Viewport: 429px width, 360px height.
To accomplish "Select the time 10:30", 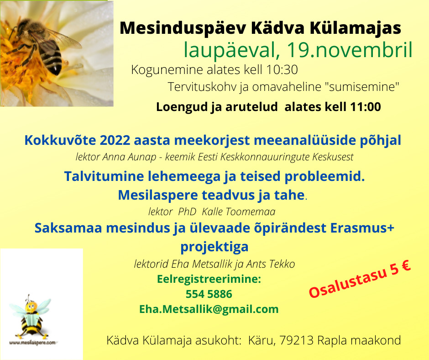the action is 282,69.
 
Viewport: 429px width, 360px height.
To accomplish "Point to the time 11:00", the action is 365,106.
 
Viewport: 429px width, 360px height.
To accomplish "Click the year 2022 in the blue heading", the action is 115,140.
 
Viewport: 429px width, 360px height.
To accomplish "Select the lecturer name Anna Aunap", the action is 129,157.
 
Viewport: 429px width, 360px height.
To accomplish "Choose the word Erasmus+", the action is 362,228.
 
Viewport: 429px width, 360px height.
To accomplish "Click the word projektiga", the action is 214,247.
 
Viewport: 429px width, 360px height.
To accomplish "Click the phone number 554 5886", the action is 209,294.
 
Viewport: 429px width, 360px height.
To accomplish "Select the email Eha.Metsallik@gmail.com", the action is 209,309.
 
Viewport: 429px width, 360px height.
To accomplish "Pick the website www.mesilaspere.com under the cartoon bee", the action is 32,343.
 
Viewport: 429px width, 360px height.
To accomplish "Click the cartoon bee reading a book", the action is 31,317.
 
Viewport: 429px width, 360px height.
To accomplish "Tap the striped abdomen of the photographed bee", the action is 52,58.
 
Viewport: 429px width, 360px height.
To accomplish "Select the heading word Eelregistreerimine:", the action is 209,279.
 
